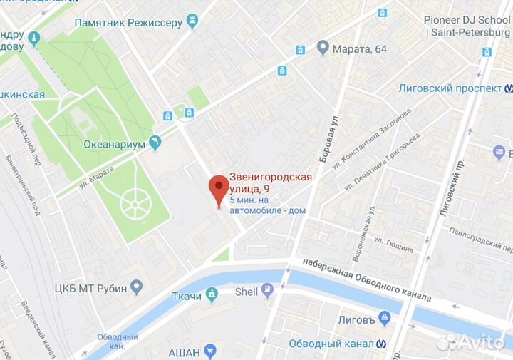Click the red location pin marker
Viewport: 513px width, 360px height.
pyautogui.click(x=218, y=190)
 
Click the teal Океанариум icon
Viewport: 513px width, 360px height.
pyautogui.click(x=155, y=143)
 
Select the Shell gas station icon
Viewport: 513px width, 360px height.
pyautogui.click(x=268, y=290)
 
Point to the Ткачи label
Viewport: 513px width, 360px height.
pyautogui.click(x=187, y=296)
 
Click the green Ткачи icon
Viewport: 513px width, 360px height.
pyautogui.click(x=212, y=294)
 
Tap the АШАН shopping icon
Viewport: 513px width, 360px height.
pyautogui.click(x=209, y=351)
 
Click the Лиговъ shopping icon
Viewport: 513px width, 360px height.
pyautogui.click(x=385, y=317)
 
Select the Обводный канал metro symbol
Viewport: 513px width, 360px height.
pyautogui.click(x=384, y=343)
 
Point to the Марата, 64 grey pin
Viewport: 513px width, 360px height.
pyautogui.click(x=322, y=48)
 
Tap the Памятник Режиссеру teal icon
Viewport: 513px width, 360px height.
pyautogui.click(x=192, y=23)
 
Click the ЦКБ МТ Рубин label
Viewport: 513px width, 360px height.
pyautogui.click(x=89, y=289)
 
